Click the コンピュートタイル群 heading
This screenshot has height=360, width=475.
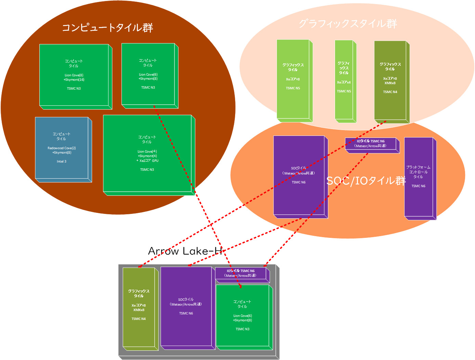107,27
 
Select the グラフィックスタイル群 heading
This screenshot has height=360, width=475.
348,24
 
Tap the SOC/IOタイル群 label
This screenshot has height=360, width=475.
366,180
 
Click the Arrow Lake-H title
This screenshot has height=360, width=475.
185,251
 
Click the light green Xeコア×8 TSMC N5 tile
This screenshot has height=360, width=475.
293,79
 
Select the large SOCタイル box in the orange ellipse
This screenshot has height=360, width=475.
299,175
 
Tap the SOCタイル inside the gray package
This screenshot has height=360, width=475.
186,306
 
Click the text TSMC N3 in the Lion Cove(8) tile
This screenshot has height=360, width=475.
74,89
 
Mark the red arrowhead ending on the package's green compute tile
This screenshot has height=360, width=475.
241,287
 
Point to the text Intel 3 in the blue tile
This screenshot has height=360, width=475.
62,162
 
